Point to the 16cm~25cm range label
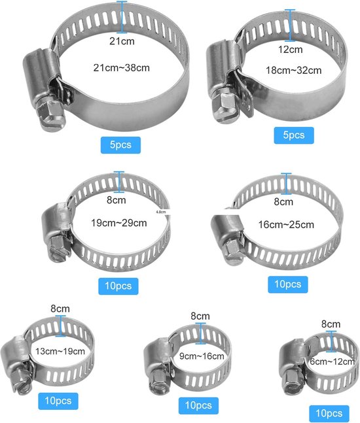287,225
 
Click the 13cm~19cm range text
60,351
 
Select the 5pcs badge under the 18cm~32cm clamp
294,135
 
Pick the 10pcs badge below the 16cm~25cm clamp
288,284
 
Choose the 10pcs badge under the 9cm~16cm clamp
198,404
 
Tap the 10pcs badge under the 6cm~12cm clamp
328,413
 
